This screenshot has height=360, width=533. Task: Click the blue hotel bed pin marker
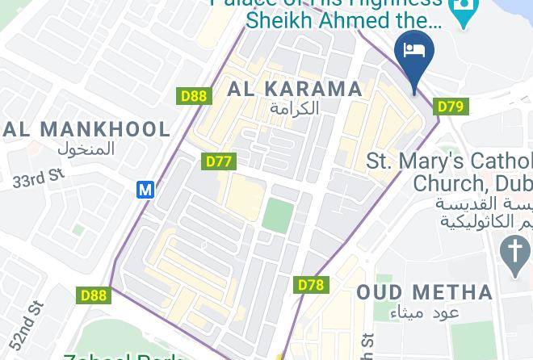coord(414,54)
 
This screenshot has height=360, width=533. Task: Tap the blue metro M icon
coord(145,190)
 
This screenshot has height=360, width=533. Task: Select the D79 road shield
coord(450,107)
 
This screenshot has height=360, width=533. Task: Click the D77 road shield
coord(219,161)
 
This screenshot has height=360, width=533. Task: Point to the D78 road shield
coord(311,285)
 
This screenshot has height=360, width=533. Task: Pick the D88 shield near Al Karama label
coord(194,97)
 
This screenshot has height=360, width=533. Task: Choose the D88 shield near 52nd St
coord(94,295)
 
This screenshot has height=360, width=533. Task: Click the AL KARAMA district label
coord(295,89)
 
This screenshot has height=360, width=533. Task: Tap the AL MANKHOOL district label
coord(87,129)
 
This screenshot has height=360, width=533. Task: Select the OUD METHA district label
coord(425,292)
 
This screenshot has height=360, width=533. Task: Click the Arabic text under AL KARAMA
coord(295,108)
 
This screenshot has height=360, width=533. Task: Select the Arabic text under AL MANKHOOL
coord(87,149)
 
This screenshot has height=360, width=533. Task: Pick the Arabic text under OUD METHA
coord(425,312)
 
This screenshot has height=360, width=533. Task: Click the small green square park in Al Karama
coord(278,216)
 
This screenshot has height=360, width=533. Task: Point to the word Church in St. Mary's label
coord(451,182)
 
